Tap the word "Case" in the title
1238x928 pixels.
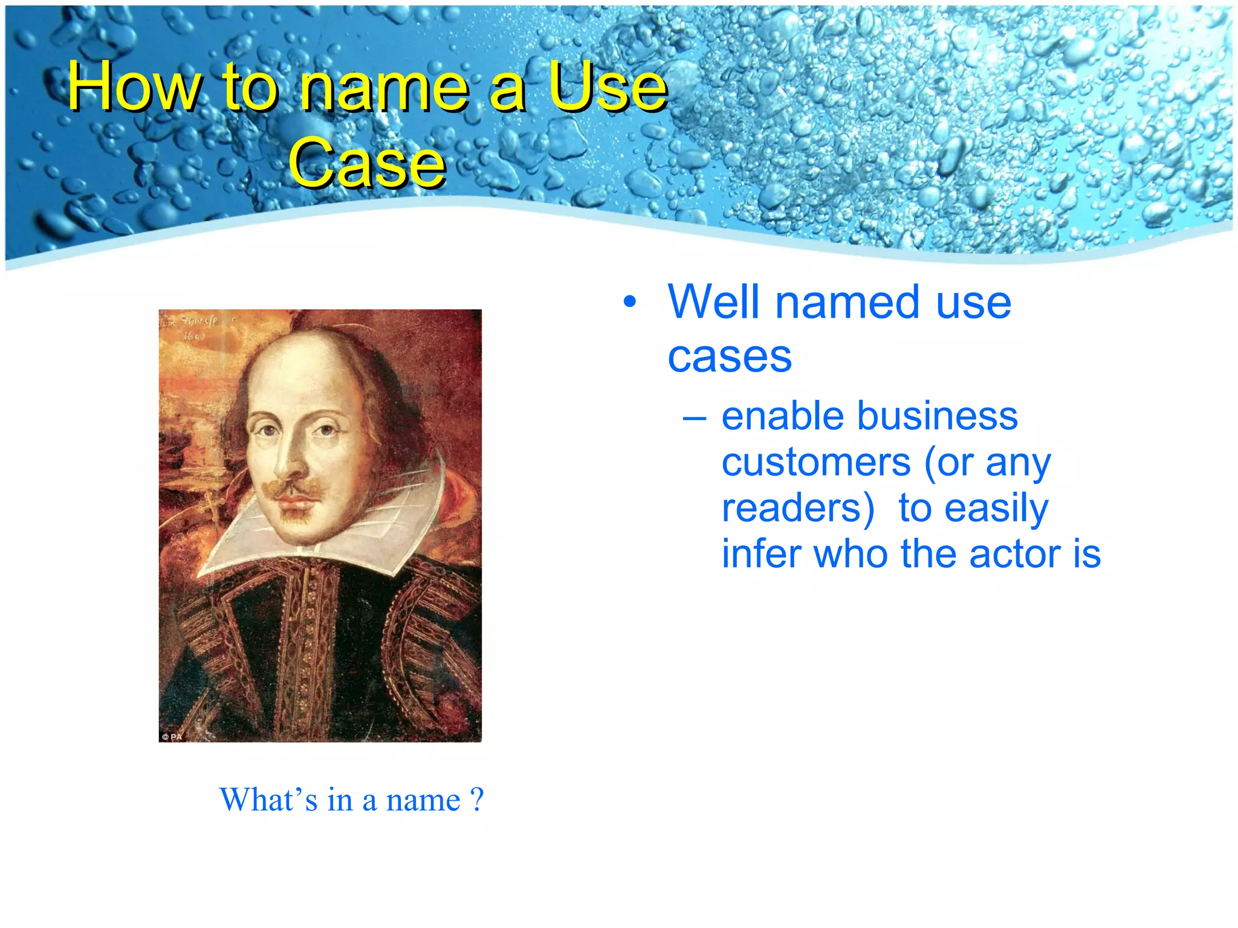367,162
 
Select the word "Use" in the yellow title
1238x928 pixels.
608,86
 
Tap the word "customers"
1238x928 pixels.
816,463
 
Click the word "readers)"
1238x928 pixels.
798,509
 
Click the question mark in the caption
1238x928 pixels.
477,800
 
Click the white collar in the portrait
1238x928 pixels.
363,532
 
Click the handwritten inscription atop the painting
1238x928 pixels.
190,326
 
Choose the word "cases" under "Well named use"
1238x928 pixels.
730,357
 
